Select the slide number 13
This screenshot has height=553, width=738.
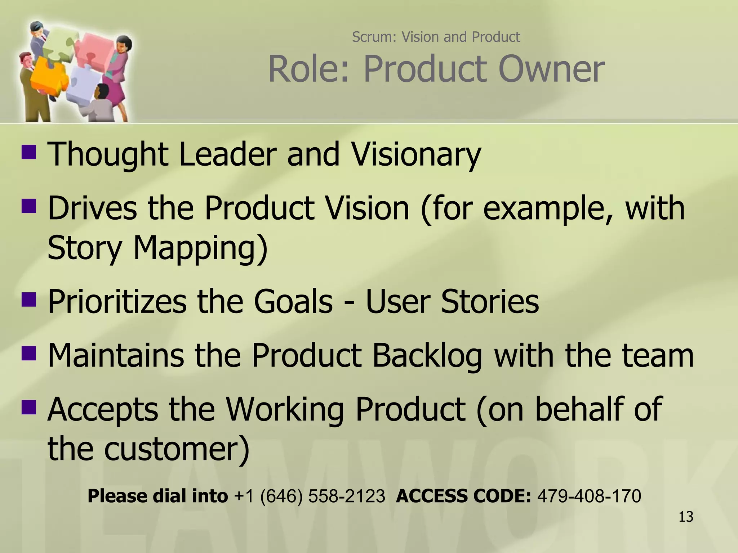coord(686,517)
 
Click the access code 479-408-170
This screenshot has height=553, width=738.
coord(589,496)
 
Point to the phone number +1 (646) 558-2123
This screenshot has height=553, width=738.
coord(310,496)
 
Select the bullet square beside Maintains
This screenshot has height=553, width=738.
coord(29,353)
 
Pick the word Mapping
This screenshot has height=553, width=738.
coord(200,248)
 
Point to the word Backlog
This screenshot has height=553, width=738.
coord(427,356)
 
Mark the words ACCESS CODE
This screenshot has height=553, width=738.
coord(463,496)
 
